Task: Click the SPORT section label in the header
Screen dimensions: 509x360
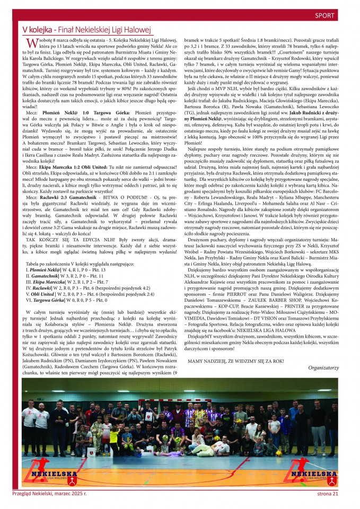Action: pyautogui.click(x=324, y=15)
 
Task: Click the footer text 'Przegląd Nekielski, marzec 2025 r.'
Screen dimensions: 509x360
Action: pyautogui.click(x=49, y=494)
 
